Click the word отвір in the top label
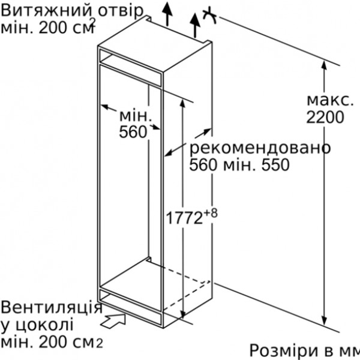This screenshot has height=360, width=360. (121, 11)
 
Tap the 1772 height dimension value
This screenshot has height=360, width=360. (184, 218)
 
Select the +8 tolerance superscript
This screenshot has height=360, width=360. (211, 214)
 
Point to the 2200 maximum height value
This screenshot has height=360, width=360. (325, 117)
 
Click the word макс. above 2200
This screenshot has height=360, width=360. (330, 101)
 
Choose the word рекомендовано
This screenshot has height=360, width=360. (260, 148)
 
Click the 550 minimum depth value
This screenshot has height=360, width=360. (275, 164)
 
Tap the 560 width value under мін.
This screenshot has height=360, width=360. (133, 132)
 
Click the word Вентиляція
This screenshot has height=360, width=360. (52, 307)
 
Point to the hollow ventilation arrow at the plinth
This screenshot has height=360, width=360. (113, 320)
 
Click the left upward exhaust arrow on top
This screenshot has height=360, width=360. (167, 14)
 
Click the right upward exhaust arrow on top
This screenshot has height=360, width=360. (195, 25)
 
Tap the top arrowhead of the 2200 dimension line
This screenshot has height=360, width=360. (324, 65)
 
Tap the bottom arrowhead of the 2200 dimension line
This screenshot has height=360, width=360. (324, 321)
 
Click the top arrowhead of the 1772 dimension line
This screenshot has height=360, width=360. (182, 104)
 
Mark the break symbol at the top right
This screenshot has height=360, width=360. (209, 15)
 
